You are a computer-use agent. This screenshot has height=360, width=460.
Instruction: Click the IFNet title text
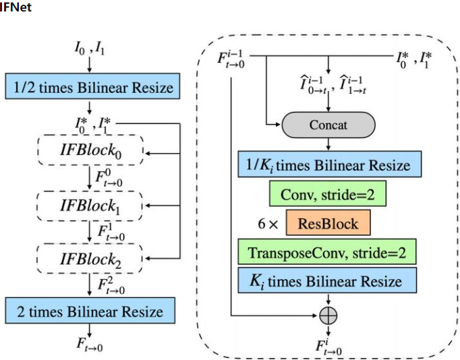pyautogui.click(x=16, y=7)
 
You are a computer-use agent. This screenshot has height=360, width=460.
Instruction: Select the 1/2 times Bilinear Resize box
pyautogui.click(x=90, y=87)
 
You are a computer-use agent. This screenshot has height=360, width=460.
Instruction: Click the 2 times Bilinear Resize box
pyautogui.click(x=90, y=311)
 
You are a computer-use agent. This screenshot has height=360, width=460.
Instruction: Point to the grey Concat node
pyautogui.click(x=328, y=125)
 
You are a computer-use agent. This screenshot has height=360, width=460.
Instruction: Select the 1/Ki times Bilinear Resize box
pyautogui.click(x=328, y=165)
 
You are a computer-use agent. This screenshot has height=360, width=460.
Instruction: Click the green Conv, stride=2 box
pyautogui.click(x=328, y=195)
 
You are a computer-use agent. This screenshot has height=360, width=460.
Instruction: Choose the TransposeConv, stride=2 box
pyautogui.click(x=328, y=253)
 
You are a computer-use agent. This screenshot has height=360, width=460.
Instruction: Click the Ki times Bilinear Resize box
pyautogui.click(x=328, y=281)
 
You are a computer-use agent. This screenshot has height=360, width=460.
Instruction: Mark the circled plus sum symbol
pyautogui.click(x=328, y=313)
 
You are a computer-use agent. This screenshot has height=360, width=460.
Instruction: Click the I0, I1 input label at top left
pyautogui.click(x=89, y=49)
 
